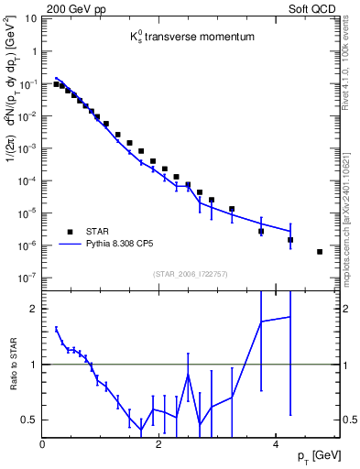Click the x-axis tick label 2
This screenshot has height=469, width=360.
coord(159,445)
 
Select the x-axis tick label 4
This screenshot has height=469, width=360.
coord(276,445)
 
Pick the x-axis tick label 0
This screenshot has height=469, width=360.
coord(43,445)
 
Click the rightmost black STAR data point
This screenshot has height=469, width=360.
coord(320,251)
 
